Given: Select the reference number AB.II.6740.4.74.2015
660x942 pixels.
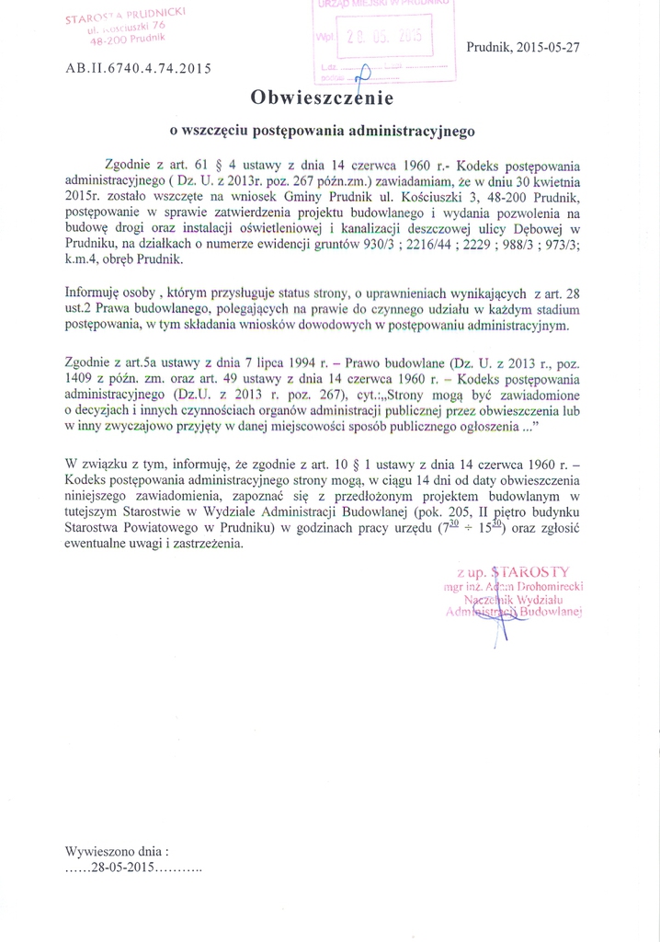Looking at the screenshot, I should [x=138, y=68].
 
